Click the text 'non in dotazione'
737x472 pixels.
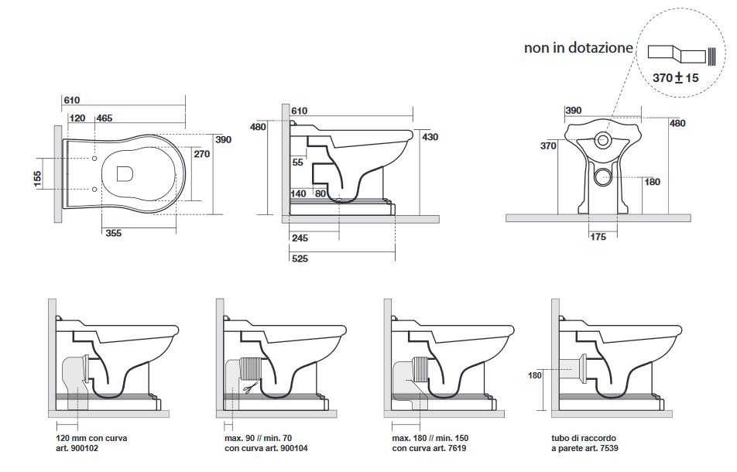point(578,48)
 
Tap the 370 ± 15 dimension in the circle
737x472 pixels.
point(675,79)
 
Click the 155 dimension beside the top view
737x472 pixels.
point(37,178)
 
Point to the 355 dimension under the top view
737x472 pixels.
point(114,233)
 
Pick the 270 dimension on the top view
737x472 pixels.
point(201,154)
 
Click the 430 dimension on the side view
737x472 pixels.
point(430,137)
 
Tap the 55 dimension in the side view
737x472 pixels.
point(298,162)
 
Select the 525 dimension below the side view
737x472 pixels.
point(300,258)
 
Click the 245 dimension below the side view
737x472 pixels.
point(300,238)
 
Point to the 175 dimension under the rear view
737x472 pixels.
point(598,237)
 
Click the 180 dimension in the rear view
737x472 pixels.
point(652,182)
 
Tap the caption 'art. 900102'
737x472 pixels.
point(77,449)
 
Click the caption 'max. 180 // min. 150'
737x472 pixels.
point(432,438)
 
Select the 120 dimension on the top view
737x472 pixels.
point(77,118)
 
